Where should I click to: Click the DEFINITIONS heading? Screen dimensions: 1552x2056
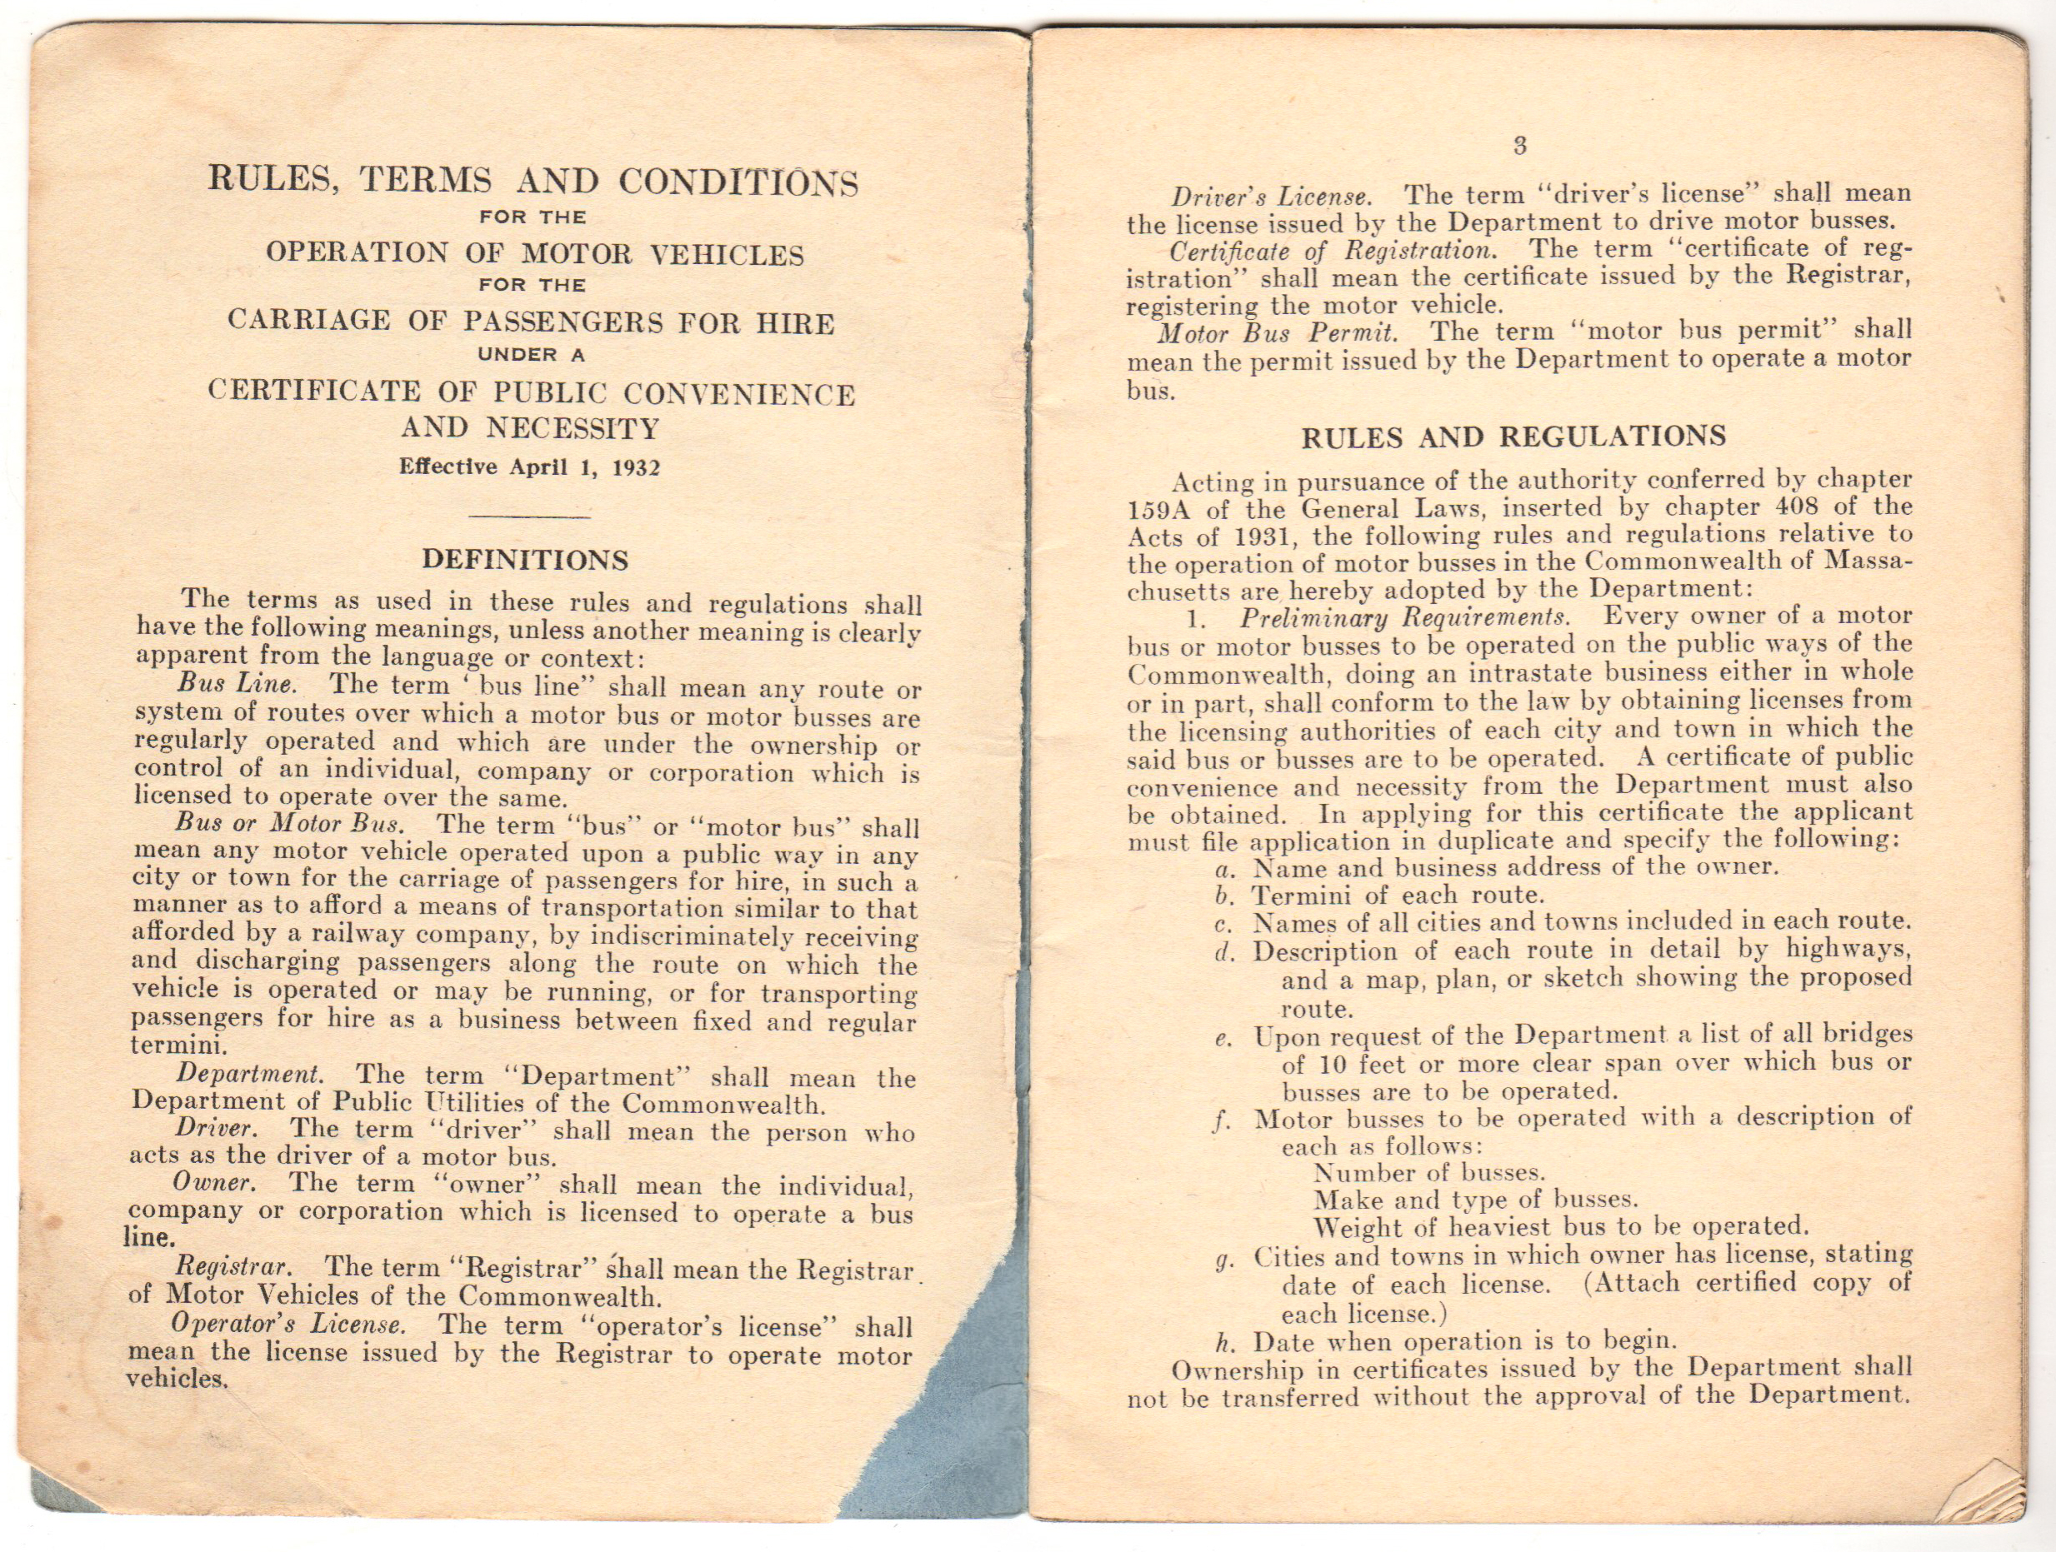point(525,560)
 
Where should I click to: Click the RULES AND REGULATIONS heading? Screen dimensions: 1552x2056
point(1513,437)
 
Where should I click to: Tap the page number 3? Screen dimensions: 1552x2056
point(1519,145)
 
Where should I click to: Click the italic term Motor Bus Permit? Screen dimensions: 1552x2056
point(1276,332)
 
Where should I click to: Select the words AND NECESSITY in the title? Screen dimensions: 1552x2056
point(530,428)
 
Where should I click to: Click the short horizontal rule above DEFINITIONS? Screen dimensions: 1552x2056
point(530,516)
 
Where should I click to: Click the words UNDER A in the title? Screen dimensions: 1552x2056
point(531,355)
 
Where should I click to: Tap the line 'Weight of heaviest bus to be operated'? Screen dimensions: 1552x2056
point(1561,1227)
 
